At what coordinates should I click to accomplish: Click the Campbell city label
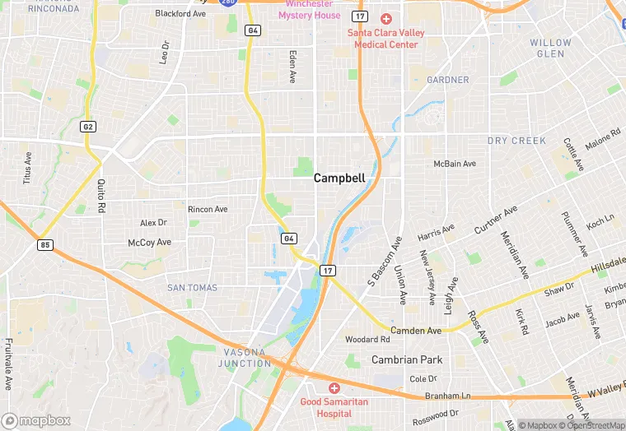(x=339, y=178)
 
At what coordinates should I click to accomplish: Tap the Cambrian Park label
(x=407, y=359)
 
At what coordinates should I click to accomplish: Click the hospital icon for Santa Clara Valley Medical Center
(x=385, y=18)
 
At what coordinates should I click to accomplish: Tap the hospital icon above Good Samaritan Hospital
(x=334, y=387)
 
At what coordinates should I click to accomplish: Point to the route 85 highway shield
(x=44, y=245)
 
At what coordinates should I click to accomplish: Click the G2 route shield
(x=88, y=127)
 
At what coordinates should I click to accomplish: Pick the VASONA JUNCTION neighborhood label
(x=246, y=357)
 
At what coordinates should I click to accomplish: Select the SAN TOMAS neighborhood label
(x=192, y=288)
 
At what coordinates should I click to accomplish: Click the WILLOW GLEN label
(x=550, y=48)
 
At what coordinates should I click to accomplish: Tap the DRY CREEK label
(x=516, y=141)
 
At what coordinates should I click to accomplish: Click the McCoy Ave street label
(x=149, y=243)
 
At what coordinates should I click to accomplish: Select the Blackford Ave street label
(x=180, y=14)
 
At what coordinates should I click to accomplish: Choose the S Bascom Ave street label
(x=382, y=262)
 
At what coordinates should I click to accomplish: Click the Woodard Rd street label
(x=367, y=339)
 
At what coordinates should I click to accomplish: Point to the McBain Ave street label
(x=455, y=164)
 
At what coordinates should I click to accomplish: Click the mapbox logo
(x=36, y=420)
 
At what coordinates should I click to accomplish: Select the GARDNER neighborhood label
(x=448, y=80)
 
